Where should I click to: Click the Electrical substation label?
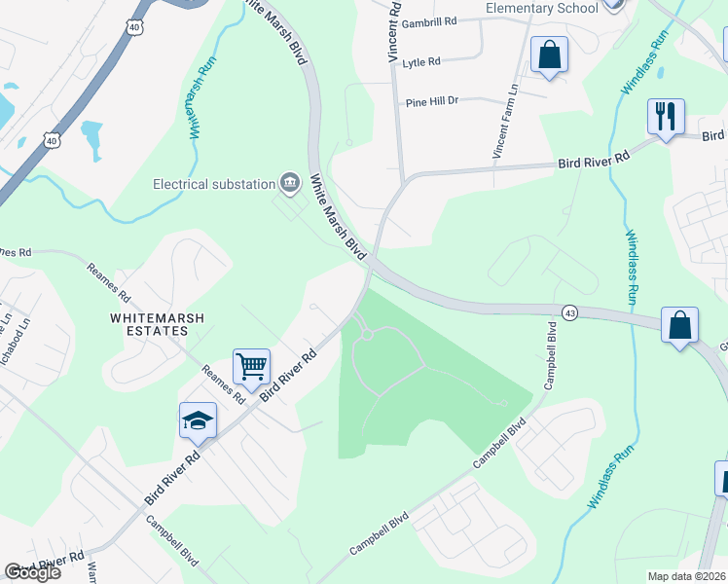tap(214, 183)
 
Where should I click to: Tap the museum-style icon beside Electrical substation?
tap(289, 182)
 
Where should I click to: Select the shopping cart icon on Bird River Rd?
tap(252, 367)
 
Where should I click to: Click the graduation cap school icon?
tap(198, 420)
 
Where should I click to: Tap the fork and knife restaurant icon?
tap(666, 117)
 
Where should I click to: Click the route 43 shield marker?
tap(569, 311)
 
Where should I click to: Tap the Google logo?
tap(32, 572)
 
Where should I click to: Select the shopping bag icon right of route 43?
tap(679, 324)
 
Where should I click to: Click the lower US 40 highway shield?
tap(53, 140)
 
